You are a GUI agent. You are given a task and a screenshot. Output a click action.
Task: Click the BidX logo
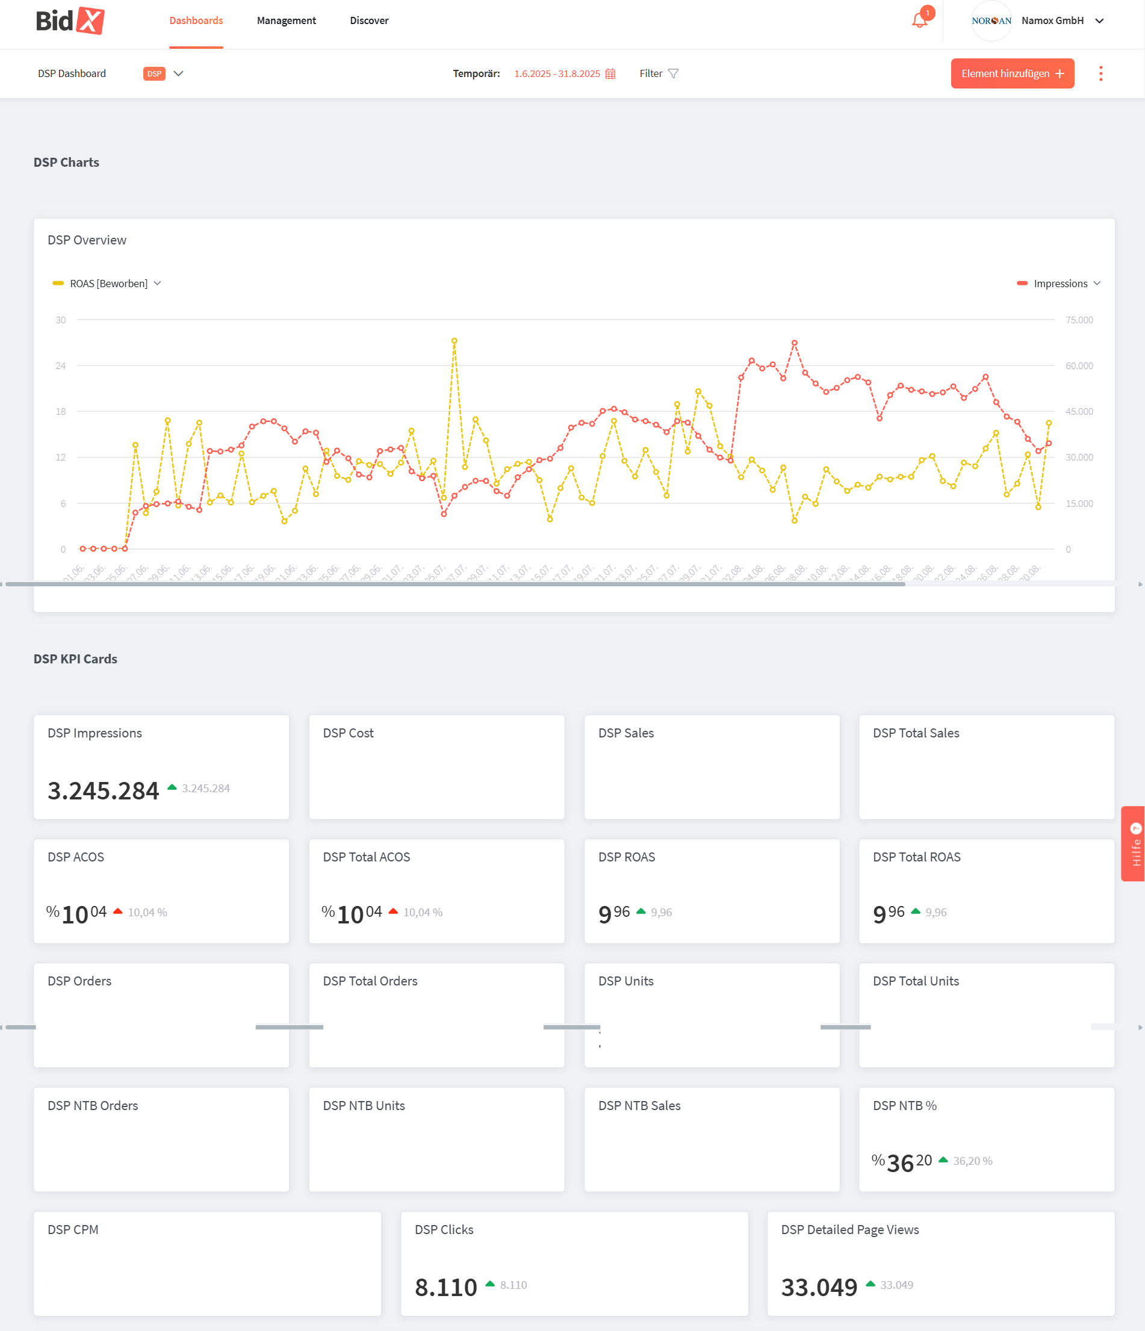click(69, 20)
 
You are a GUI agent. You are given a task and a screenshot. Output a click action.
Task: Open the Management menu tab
click(286, 20)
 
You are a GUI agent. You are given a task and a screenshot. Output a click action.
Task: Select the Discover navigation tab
click(369, 20)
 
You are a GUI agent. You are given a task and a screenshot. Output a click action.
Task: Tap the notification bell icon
click(919, 20)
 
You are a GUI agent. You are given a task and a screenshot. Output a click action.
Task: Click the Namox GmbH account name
click(1052, 20)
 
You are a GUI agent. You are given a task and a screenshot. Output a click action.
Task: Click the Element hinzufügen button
click(1012, 73)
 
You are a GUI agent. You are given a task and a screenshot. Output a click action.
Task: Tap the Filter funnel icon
click(673, 73)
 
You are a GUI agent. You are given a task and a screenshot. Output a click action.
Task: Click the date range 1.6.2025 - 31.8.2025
click(556, 74)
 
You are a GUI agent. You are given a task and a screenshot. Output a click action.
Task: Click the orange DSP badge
click(154, 74)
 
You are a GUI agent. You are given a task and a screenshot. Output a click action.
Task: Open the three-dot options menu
click(1100, 73)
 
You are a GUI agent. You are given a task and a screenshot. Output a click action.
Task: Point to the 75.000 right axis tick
click(1079, 320)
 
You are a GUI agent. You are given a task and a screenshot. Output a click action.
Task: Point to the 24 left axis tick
click(60, 365)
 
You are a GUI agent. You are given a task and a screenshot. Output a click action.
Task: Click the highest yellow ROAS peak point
click(455, 341)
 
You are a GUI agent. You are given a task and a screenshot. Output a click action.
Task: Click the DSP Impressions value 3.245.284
click(104, 791)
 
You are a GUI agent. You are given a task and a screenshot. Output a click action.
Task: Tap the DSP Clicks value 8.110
click(446, 1287)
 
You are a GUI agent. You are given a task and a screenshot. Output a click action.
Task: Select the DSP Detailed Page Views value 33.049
click(819, 1287)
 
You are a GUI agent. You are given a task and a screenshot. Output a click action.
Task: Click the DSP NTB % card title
click(904, 1105)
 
